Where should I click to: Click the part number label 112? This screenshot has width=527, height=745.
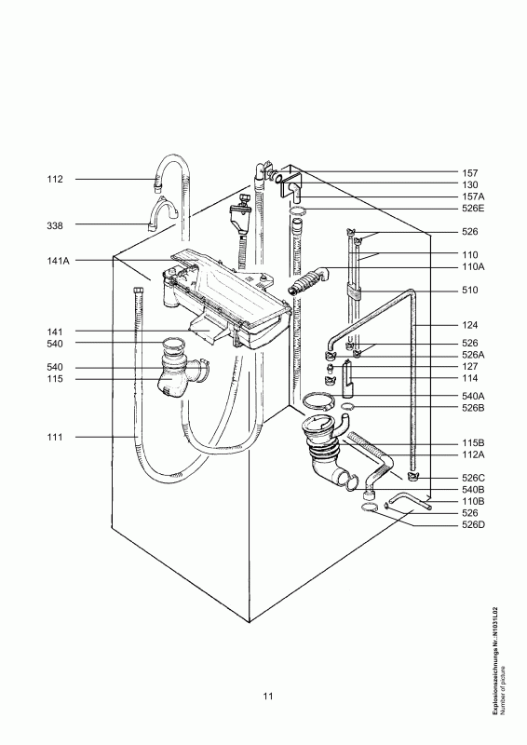tap(55, 179)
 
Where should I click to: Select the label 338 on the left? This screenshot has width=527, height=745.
tap(55, 225)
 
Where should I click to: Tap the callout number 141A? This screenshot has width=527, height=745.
tap(58, 261)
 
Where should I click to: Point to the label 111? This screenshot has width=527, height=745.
tap(55, 437)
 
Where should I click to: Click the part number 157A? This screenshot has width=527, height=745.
tap(473, 196)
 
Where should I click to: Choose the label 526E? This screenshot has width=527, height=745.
tap(473, 208)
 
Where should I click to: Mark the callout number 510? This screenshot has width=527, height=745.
tap(470, 290)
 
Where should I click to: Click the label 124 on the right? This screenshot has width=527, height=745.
tap(470, 325)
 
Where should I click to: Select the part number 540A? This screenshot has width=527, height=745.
tap(473, 396)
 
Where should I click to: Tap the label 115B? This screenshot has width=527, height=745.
tap(473, 443)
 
